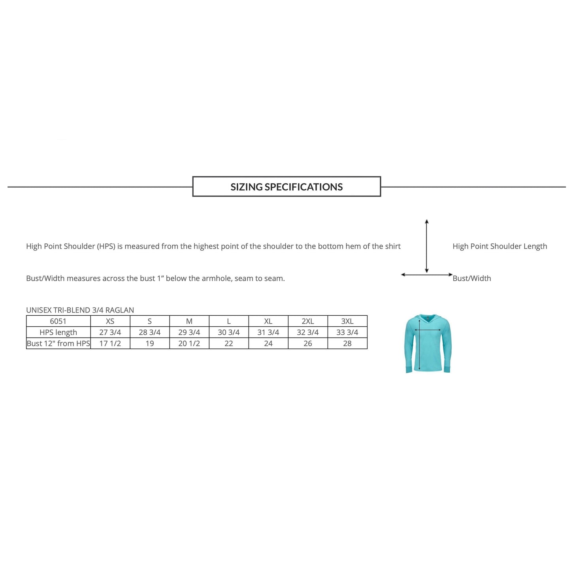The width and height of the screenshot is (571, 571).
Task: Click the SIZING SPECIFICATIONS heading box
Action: (286, 187)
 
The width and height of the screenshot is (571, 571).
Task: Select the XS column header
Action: (110, 321)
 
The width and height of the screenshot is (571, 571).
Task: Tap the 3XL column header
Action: (347, 321)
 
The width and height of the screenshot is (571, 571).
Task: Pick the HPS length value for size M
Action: (189, 332)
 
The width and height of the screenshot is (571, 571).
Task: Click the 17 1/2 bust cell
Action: (110, 343)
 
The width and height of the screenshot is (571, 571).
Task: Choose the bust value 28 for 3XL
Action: (347, 343)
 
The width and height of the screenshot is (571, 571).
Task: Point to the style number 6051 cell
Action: (58, 321)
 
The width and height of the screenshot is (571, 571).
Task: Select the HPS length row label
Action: (58, 332)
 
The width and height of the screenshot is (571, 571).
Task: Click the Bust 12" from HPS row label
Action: (58, 343)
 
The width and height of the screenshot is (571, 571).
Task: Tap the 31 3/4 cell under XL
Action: (268, 332)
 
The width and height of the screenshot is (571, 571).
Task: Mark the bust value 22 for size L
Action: (229, 343)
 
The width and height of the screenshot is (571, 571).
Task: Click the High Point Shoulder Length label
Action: (500, 246)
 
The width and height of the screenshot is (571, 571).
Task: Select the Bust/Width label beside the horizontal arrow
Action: (472, 278)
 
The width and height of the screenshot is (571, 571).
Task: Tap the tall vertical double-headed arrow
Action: (427, 246)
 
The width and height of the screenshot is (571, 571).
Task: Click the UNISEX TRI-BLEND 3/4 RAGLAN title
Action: (80, 310)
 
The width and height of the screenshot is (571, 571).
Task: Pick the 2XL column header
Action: (308, 321)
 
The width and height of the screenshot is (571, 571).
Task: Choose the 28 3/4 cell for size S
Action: (150, 332)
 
